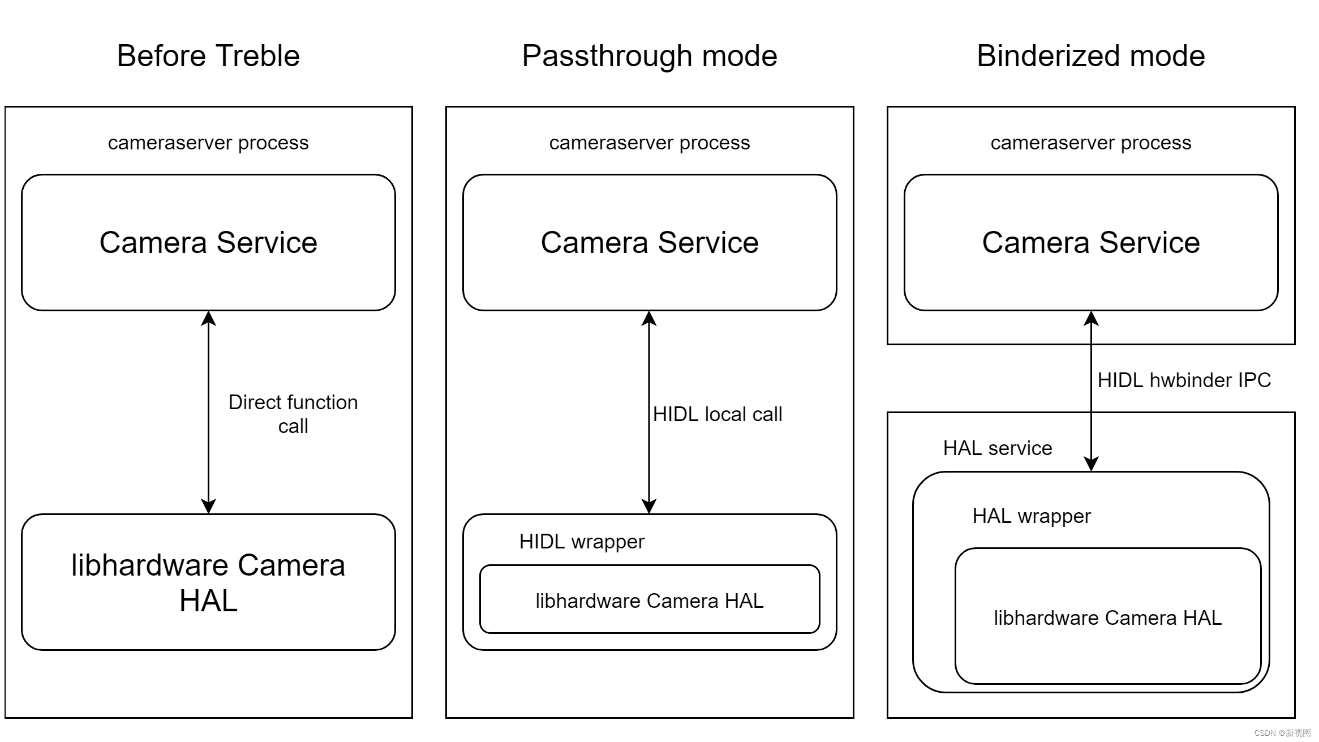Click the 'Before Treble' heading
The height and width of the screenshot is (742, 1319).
208,56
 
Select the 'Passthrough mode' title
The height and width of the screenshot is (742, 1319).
649,56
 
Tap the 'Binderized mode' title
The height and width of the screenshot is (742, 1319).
1090,56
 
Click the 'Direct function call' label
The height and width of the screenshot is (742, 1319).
293,414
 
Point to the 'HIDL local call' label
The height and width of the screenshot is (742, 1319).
717,414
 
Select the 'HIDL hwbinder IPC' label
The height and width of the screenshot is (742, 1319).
1184,380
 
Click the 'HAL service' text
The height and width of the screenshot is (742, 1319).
997,448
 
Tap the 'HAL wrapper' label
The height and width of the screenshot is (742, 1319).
1031,516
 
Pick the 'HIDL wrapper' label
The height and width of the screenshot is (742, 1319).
582,542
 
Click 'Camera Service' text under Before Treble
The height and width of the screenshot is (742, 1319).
208,243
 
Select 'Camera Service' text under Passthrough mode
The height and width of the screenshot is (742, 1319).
649,243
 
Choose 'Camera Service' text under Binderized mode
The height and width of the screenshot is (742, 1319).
1090,243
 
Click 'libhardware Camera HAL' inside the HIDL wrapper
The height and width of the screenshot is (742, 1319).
649,601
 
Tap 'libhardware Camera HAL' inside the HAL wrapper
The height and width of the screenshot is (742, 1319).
1107,617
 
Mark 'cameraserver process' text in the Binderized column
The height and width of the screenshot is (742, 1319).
1090,143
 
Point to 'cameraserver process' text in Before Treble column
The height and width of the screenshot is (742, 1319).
208,143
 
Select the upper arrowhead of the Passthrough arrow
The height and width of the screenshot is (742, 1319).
649,319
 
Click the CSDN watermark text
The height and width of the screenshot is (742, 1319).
1282,732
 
